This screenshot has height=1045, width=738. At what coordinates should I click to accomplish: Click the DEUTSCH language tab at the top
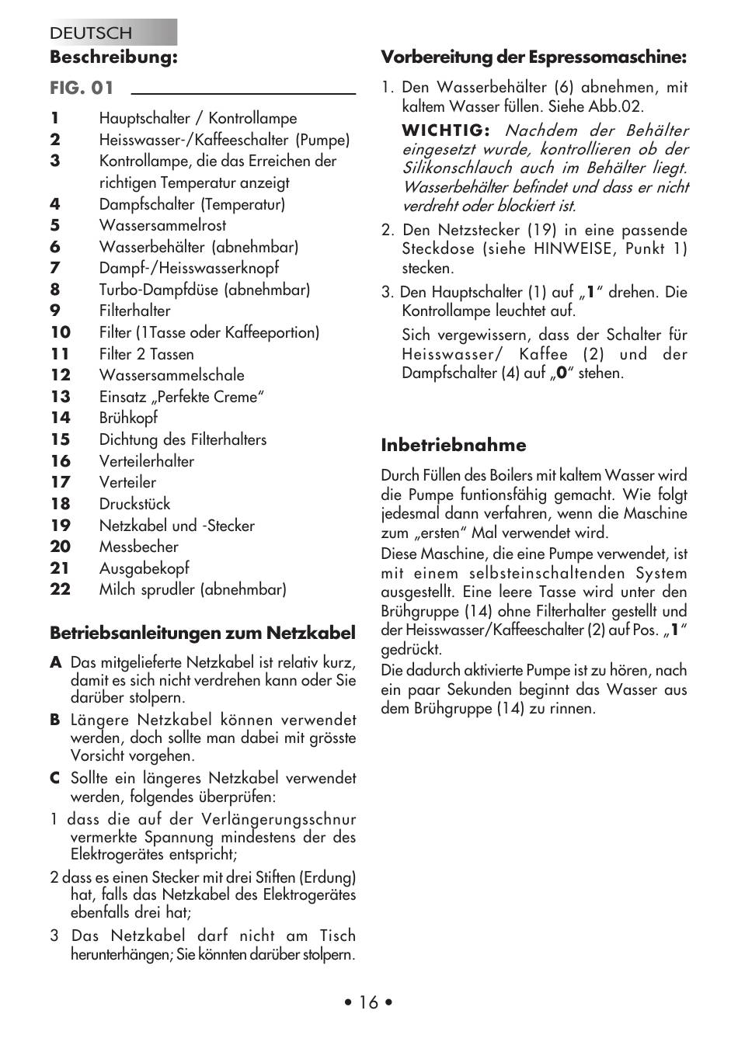tap(92, 33)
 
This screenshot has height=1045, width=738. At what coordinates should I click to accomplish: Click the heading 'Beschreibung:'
tap(114, 57)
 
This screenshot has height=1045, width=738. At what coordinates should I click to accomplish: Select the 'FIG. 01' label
tap(82, 88)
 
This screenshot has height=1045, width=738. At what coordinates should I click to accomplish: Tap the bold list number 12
tap(60, 375)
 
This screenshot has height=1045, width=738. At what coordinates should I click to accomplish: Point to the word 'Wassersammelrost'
tap(162, 226)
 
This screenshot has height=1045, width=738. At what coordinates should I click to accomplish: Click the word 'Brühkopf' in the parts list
tap(128, 418)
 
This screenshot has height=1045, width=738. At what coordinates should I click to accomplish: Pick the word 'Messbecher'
tap(138, 547)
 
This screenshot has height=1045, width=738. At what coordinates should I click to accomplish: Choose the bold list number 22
tap(60, 589)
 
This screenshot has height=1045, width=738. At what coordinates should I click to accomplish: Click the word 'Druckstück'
tap(134, 504)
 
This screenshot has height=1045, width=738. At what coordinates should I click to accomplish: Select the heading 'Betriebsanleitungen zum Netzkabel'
tap(203, 633)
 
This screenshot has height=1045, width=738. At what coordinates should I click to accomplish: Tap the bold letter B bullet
tap(54, 720)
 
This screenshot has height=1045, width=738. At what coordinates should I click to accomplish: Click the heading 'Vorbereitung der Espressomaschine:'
tap(534, 57)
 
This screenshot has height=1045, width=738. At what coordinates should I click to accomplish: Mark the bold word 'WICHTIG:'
tap(445, 130)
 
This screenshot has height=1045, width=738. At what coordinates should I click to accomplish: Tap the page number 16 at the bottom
tap(368, 1002)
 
